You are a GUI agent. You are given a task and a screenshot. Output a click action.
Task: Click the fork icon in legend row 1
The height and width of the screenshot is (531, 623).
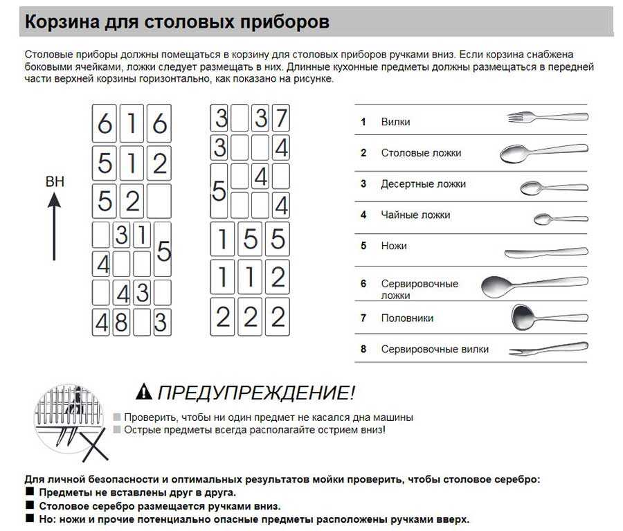click(547, 117)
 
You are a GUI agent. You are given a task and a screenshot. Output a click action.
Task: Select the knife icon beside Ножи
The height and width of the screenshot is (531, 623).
click(546, 251)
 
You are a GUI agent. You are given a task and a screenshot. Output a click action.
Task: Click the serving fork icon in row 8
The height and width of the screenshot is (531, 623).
click(548, 348)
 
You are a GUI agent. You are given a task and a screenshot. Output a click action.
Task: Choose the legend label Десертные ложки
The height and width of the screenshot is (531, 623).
click(423, 184)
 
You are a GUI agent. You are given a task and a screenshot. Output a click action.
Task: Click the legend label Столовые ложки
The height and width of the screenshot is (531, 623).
click(420, 153)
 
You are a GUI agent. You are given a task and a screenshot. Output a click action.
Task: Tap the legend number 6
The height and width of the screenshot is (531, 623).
click(363, 284)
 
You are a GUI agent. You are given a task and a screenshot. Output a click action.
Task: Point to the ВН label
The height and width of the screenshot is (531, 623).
click(55, 182)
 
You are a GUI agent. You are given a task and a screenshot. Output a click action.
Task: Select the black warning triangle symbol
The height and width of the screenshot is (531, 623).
click(143, 392)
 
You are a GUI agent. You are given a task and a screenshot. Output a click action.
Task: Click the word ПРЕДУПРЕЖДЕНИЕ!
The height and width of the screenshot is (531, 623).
click(256, 393)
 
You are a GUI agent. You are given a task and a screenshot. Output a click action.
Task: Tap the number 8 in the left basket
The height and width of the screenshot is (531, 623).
click(121, 322)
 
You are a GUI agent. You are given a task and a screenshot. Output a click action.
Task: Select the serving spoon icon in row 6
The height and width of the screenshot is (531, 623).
click(534, 285)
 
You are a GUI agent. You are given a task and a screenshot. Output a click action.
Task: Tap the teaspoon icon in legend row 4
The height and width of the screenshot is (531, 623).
click(560, 219)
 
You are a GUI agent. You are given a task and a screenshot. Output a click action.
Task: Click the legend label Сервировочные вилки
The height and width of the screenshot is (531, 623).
click(435, 350)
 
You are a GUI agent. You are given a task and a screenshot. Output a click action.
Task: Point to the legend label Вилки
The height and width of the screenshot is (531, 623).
click(395, 122)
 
